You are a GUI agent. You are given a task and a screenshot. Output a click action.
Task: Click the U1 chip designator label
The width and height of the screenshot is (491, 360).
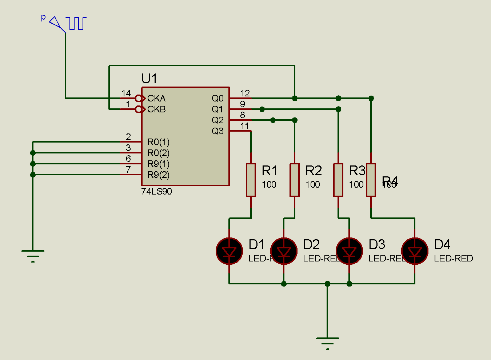149,79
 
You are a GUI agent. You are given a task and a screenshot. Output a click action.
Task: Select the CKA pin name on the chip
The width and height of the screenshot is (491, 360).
156,98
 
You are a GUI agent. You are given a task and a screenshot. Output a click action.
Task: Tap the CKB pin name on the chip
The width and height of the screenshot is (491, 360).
156,109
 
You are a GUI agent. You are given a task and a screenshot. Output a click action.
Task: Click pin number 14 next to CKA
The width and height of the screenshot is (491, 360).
126,93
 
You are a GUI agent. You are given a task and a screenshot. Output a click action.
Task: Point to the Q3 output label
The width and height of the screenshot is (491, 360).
217,131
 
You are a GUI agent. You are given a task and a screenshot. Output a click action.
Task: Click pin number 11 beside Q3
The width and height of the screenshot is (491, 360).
245,126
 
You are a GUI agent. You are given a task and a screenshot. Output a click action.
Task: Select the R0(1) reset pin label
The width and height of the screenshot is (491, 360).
158,142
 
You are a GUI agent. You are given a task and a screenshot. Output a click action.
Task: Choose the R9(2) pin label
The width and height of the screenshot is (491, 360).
158,175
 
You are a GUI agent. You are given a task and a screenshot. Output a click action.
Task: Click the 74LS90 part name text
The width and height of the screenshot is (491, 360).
156,191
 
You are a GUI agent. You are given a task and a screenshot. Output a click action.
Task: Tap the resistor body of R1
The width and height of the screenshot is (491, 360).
251,180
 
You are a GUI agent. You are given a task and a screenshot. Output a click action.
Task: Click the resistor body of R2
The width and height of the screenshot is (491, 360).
295,180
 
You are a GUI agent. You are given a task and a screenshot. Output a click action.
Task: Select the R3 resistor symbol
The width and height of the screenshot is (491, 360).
338,180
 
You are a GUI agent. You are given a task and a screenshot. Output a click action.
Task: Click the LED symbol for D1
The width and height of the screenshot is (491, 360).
229,251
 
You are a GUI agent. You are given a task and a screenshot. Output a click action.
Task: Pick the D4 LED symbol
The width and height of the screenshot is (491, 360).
415,251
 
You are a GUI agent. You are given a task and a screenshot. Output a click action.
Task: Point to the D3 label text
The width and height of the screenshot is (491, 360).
377,244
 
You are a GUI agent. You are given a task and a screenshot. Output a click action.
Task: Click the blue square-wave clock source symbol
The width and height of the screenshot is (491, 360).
77,23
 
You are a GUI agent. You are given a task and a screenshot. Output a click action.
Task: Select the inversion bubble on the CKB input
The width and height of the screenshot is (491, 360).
138,109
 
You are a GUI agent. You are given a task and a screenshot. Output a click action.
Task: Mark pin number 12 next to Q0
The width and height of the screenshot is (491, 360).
245,93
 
